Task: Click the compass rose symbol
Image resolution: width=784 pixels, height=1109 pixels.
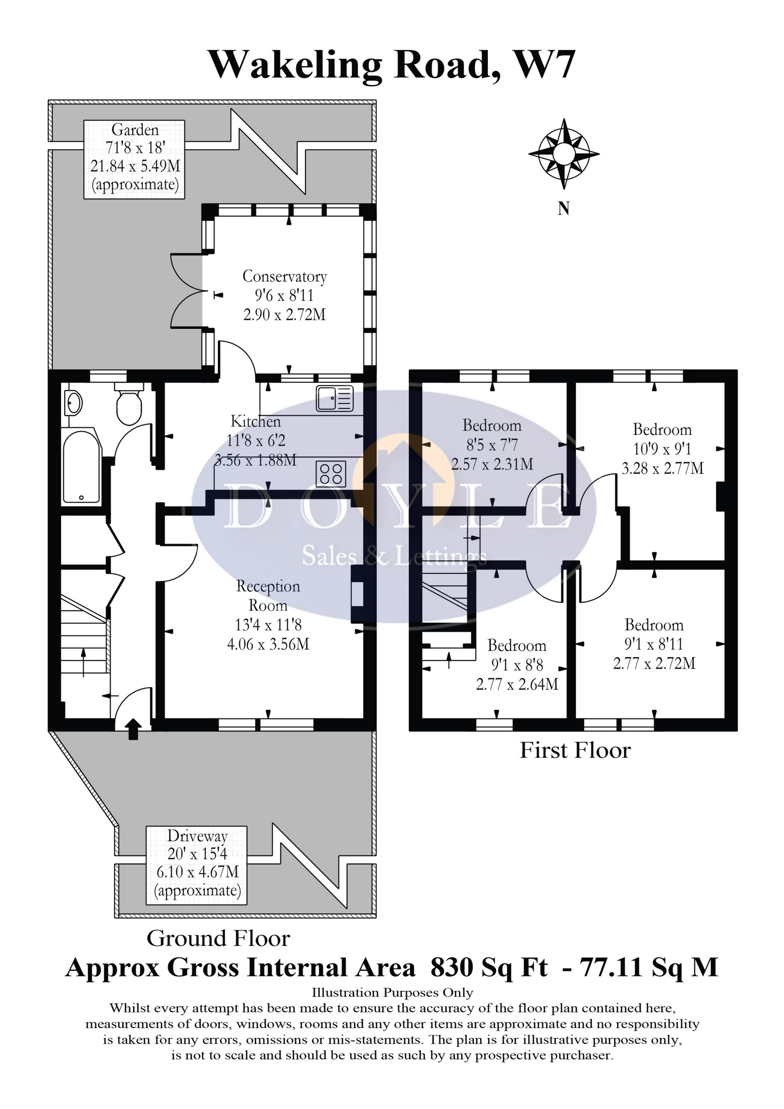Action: pos(564,154)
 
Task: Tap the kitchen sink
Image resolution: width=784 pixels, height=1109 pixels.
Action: pos(335,398)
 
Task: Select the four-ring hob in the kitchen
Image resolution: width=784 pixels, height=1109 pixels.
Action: pos(331,473)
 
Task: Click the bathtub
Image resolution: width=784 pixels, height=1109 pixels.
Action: pos(82,467)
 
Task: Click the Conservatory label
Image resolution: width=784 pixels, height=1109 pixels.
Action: pos(285,276)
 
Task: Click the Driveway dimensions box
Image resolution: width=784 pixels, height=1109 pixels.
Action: pos(197,865)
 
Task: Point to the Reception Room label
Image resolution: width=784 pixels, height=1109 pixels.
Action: pos(268,596)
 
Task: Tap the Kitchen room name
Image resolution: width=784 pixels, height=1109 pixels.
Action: pos(256,421)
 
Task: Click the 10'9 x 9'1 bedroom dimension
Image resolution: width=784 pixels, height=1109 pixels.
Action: pos(662,449)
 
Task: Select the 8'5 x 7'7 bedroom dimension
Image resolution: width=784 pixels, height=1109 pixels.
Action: pos(492,445)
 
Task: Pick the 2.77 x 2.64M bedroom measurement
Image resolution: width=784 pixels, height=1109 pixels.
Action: pos(517,685)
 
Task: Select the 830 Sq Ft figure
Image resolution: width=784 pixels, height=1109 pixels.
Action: pos(489,968)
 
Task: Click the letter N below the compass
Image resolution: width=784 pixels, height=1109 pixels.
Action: pos(563,209)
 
